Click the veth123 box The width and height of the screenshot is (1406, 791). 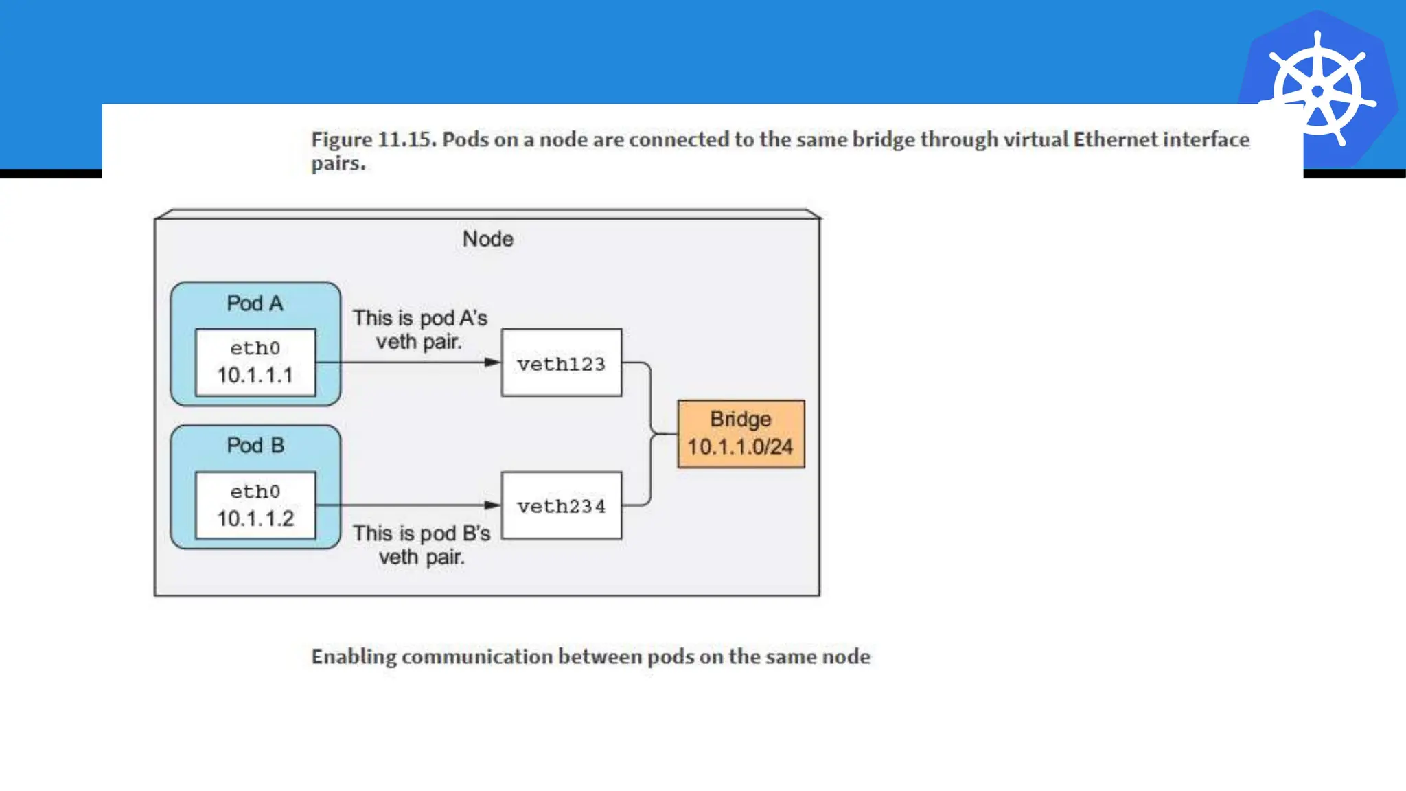pyautogui.click(x=562, y=363)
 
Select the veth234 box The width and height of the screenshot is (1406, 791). pyautogui.click(x=562, y=505)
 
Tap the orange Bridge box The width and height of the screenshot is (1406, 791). pyautogui.click(x=741, y=433)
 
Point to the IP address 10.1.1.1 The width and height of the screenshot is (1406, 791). pyautogui.click(x=255, y=376)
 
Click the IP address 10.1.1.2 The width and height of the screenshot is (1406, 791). pyautogui.click(x=255, y=518)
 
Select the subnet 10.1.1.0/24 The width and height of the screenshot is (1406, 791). pyautogui.click(x=740, y=447)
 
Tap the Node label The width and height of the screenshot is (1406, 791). pyautogui.click(x=487, y=239)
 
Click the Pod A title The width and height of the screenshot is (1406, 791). pyautogui.click(x=255, y=303)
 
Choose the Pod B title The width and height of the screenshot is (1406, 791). pyautogui.click(x=255, y=446)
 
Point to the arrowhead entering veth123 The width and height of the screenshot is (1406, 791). pyautogui.click(x=493, y=363)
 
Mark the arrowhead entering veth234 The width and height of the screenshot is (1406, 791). pyautogui.click(x=493, y=505)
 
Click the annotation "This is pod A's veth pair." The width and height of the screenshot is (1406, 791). pyautogui.click(x=419, y=330)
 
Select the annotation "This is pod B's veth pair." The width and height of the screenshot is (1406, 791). pyautogui.click(x=422, y=544)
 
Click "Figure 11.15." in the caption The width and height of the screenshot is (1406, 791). pyautogui.click(x=373, y=139)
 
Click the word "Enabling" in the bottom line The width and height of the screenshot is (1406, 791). pyautogui.click(x=354, y=657)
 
